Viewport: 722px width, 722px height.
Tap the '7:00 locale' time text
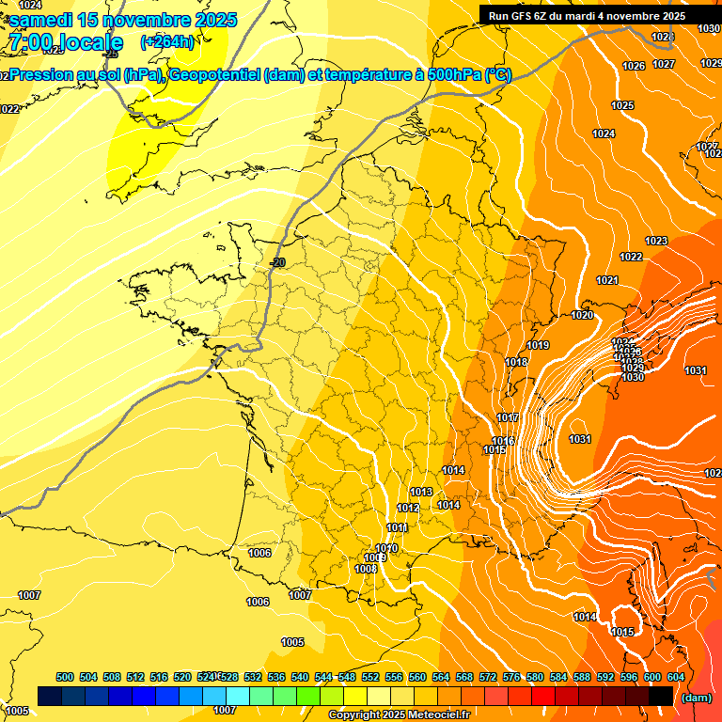[x=65, y=42]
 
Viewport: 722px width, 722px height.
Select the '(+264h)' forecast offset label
[x=167, y=41]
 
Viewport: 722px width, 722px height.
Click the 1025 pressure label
[x=622, y=106]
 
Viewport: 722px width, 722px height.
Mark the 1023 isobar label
[x=656, y=242]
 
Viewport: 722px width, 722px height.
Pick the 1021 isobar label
[x=606, y=281]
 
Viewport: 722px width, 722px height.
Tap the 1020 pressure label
[x=582, y=315]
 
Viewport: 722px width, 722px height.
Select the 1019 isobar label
[x=538, y=346]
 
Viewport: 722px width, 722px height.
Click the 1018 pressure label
[x=516, y=363]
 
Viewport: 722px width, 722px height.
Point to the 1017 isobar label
[x=508, y=418]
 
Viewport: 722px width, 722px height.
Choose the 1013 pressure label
[x=421, y=493]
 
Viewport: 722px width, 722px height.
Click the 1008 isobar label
[x=367, y=569]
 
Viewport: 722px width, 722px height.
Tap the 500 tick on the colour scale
[x=65, y=677]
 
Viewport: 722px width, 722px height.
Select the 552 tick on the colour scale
[x=370, y=677]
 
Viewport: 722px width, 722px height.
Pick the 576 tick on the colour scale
[x=511, y=677]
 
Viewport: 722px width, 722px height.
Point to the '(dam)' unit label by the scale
[x=696, y=697]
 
